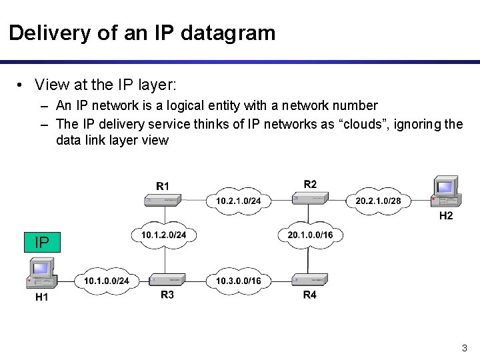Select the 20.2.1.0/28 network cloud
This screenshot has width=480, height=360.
click(x=379, y=200)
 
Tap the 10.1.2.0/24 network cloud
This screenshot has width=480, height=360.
click(x=164, y=234)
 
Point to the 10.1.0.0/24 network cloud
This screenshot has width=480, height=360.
click(x=106, y=281)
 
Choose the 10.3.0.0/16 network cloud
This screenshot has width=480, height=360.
click(x=239, y=281)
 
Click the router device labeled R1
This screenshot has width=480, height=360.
click(x=164, y=199)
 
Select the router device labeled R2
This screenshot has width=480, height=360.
click(x=310, y=198)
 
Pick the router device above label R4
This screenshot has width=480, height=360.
click(x=310, y=280)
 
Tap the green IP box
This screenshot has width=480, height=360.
click(x=41, y=242)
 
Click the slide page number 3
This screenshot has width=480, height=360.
click(x=464, y=348)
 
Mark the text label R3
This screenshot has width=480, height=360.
click(x=167, y=295)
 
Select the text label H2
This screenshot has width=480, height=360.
click(x=446, y=216)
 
